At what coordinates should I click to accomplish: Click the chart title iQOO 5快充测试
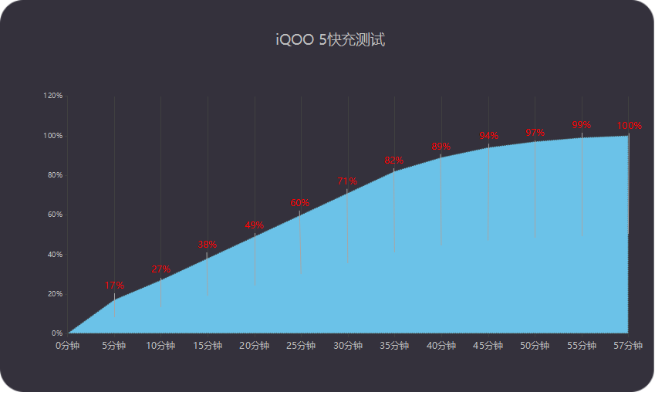(330, 40)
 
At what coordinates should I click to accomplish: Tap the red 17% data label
(114, 286)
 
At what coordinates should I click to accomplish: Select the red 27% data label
(160, 269)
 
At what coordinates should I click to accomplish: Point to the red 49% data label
(255, 225)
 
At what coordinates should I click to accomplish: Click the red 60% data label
(300, 203)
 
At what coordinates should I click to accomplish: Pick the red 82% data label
(394, 161)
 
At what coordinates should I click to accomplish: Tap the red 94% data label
(488, 137)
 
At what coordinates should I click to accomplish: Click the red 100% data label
(629, 126)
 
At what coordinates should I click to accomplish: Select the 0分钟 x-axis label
(67, 346)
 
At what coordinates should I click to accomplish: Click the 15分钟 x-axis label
(208, 346)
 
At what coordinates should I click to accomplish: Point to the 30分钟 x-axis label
(348, 346)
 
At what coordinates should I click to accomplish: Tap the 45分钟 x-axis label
(488, 346)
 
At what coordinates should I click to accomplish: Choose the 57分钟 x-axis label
(628, 346)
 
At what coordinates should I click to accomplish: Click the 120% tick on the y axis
(53, 96)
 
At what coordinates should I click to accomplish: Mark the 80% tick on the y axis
(54, 175)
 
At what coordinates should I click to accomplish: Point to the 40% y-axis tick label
(54, 255)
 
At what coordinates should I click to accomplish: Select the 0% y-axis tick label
(57, 333)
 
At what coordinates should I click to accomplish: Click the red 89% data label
(441, 147)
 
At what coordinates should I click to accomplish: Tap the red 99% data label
(582, 125)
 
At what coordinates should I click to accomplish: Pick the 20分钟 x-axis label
(255, 346)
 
